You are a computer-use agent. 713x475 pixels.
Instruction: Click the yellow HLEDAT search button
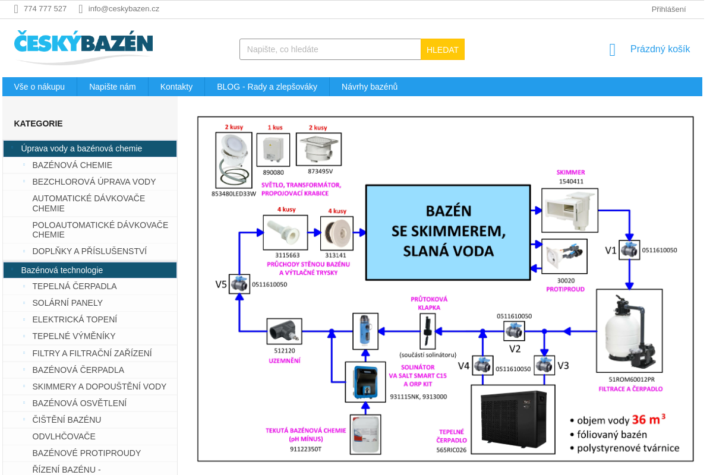tap(442, 50)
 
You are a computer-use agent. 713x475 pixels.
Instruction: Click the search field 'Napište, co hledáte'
tap(330, 49)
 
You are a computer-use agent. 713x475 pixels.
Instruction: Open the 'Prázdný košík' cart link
tap(660, 49)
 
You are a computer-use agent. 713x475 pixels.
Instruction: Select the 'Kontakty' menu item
tap(176, 87)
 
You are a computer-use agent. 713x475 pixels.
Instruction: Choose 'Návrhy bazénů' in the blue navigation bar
tap(370, 87)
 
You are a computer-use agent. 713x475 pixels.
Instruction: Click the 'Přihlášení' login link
tap(668, 9)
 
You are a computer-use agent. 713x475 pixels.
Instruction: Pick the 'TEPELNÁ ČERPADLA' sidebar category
tap(74, 286)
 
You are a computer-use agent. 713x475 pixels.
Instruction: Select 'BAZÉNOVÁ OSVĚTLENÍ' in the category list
tap(79, 403)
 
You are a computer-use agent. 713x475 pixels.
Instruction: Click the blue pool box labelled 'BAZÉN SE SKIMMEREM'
tap(448, 232)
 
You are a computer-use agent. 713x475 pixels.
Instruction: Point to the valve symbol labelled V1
tap(629, 250)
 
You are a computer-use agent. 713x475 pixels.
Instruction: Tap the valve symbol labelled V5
tap(239, 284)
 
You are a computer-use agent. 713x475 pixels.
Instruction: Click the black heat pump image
tap(513, 419)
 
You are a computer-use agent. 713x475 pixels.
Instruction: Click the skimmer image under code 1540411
tap(569, 210)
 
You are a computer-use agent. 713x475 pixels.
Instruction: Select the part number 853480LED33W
tap(234, 194)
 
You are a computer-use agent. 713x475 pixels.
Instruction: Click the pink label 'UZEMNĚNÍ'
tap(285, 360)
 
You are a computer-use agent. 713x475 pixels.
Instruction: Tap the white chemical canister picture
tap(365, 435)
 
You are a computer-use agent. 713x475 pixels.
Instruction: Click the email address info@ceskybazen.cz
tap(124, 9)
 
